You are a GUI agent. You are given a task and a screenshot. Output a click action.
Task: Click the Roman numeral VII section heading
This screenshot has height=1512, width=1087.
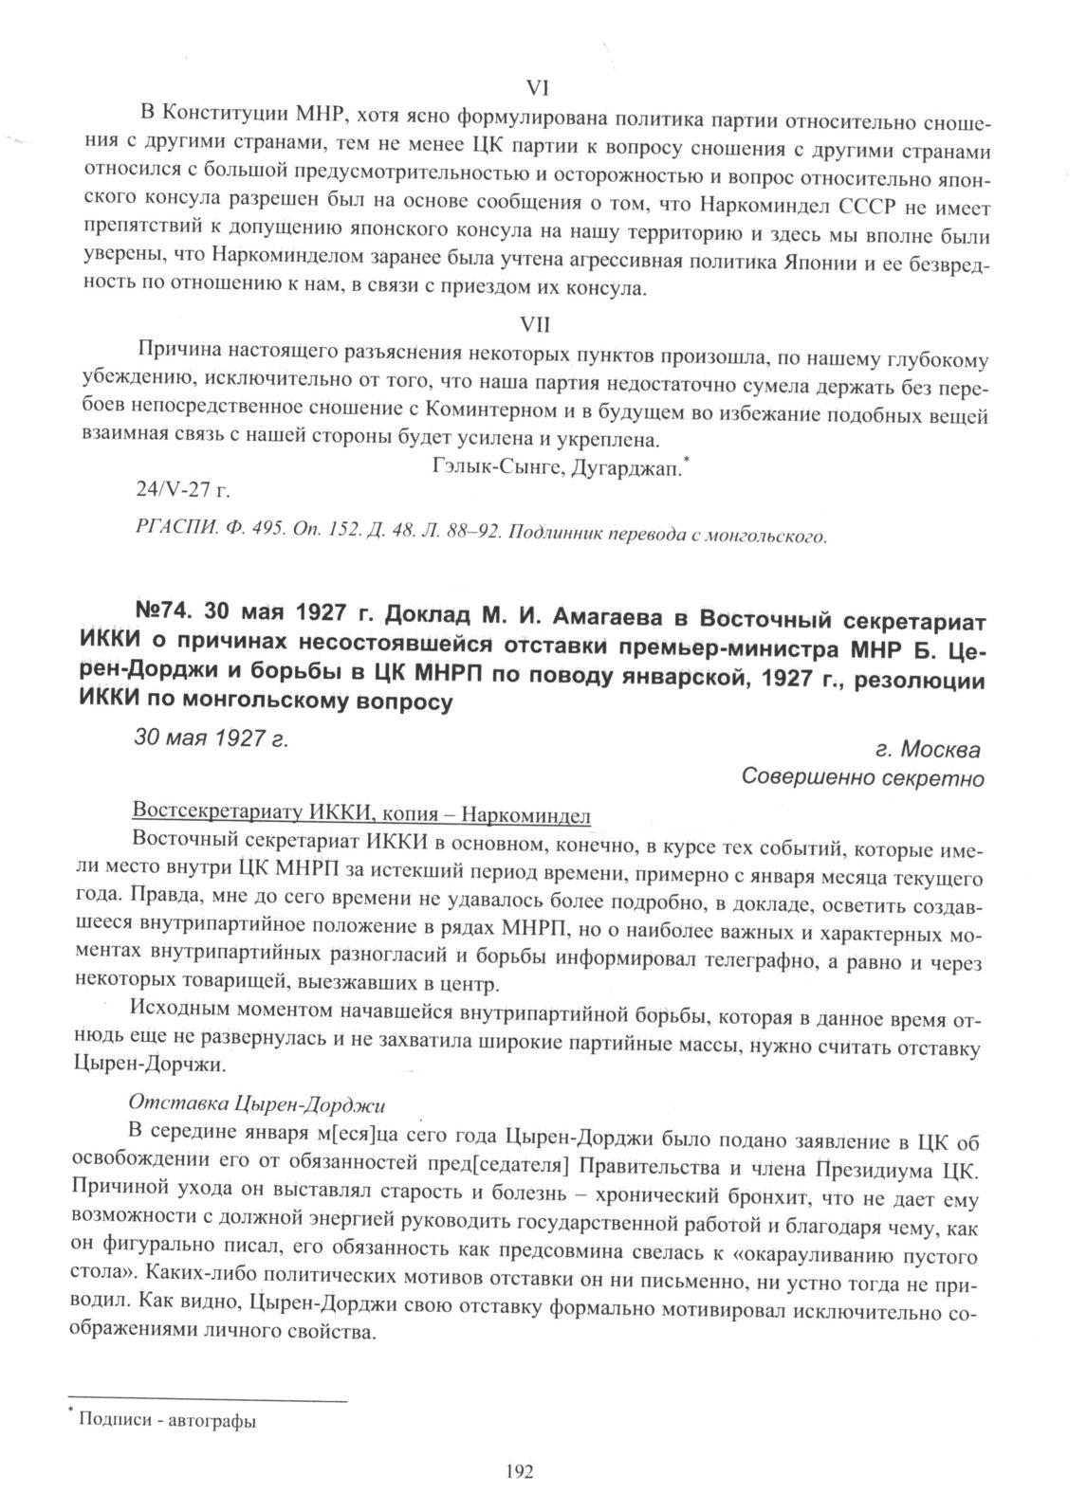[537, 324]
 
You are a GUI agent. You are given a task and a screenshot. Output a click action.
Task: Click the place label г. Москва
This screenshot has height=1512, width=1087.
[928, 750]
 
